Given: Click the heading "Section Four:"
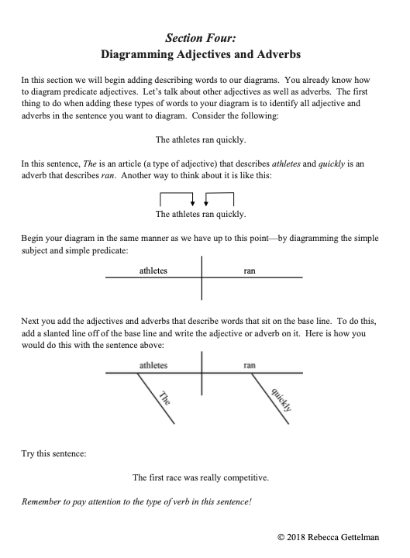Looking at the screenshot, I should pos(205,37).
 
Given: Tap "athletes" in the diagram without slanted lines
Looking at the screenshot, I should pos(153,271).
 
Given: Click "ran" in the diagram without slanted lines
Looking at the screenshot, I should pos(250,271).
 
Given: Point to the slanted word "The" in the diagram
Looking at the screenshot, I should pos(164,400).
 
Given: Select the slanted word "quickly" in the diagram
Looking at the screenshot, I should pos(280,398).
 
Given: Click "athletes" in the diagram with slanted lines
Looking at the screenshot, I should pos(153,364).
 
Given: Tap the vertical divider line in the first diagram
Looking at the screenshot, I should pos(202,277).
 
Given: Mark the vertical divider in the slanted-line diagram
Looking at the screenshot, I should pos(202,373).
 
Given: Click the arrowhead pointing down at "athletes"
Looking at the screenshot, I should pos(192,203).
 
